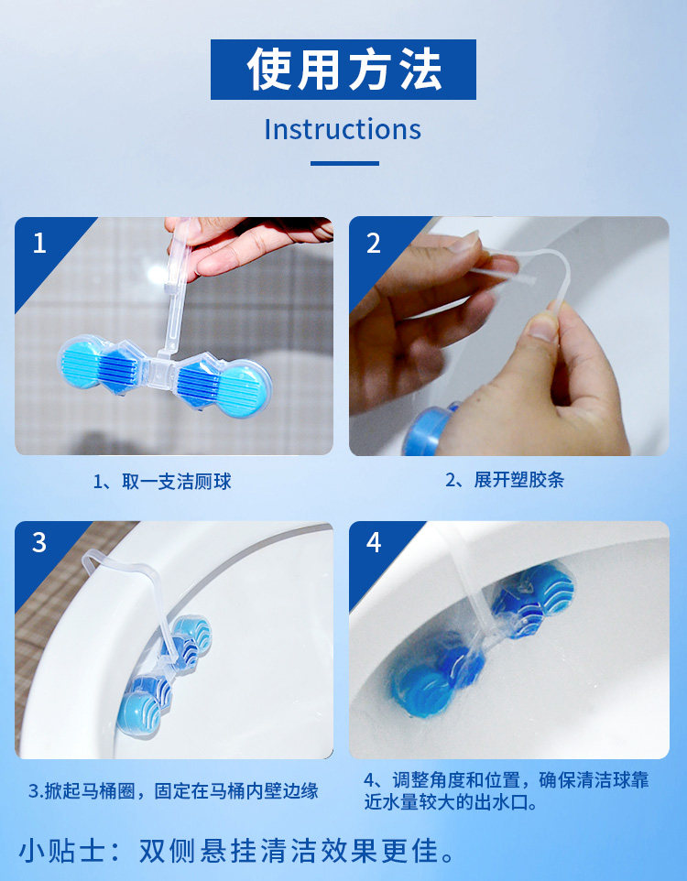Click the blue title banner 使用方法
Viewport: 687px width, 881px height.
(343, 69)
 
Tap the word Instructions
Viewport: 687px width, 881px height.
(343, 129)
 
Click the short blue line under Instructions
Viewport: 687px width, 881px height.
(344, 164)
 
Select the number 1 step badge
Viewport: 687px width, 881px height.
(39, 243)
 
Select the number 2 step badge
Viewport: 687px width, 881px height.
(374, 243)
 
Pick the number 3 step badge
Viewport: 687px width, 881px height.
(39, 543)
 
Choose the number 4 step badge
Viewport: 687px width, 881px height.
(374, 543)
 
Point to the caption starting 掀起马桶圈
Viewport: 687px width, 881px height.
(173, 791)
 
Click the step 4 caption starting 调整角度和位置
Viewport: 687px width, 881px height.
(506, 790)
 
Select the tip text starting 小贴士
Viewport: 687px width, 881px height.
(236, 851)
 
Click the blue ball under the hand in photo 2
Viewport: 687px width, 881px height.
(426, 430)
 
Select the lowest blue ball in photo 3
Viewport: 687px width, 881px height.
(138, 713)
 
